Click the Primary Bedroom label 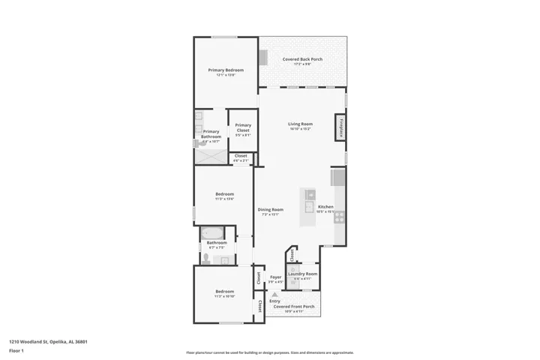(226, 70)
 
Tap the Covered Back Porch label (302, 59)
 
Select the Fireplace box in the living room (342, 127)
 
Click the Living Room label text (300, 124)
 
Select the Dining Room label (270, 209)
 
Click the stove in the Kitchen (339, 217)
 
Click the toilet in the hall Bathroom (206, 259)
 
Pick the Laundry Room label (302, 274)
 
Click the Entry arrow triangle (274, 295)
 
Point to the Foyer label (275, 277)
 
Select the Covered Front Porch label (293, 307)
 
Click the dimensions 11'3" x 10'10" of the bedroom (224, 296)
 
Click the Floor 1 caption (16, 350)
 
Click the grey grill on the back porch (264, 58)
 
